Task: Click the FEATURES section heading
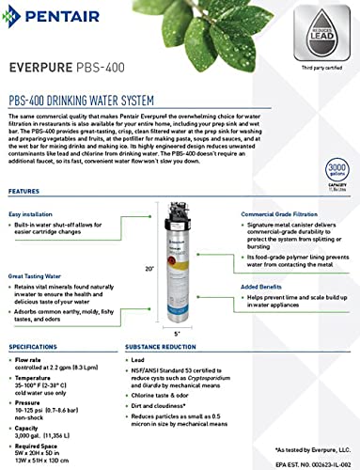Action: [24, 191]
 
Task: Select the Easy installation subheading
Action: [33, 214]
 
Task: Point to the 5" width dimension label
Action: [177, 333]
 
